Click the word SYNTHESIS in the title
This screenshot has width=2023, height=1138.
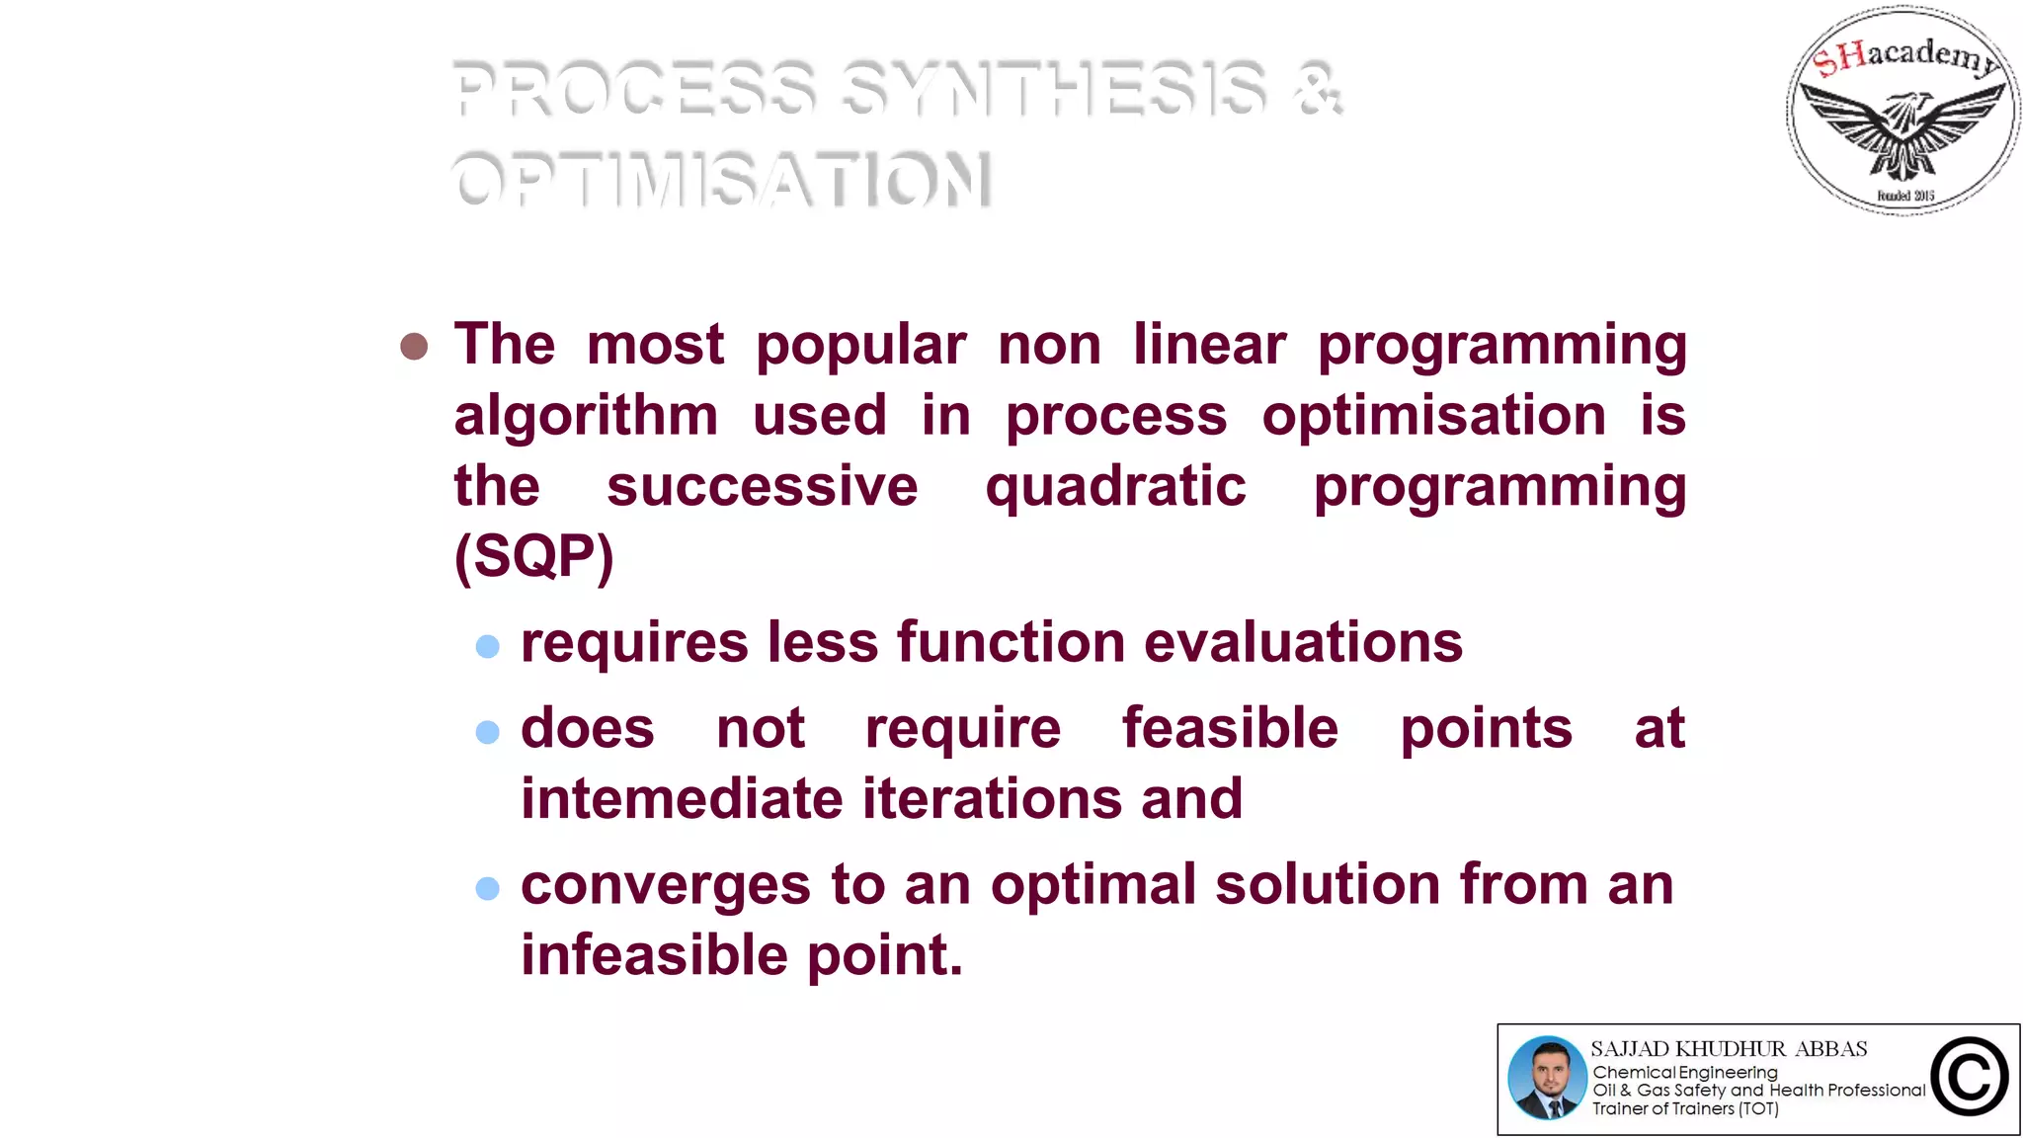1054,89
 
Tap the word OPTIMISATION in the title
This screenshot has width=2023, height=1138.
722,180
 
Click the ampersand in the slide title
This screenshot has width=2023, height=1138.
1318,89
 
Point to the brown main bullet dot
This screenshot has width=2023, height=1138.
414,347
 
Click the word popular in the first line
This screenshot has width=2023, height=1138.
860,346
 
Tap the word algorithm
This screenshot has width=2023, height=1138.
586,416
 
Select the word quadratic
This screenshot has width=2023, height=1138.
1115,487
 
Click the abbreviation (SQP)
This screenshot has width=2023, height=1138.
533,556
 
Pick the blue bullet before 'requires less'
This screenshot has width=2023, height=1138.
487,647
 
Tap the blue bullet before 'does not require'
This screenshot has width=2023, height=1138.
487,732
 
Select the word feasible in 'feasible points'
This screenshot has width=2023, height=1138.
1230,729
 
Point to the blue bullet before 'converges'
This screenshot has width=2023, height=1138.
487,888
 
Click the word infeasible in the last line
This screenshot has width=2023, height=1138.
654,955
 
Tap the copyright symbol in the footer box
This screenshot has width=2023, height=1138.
1970,1078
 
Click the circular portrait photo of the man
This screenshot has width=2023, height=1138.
1547,1078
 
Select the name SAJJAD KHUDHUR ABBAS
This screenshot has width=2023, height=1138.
1729,1049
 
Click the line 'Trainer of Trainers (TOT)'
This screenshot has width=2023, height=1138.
1685,1109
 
